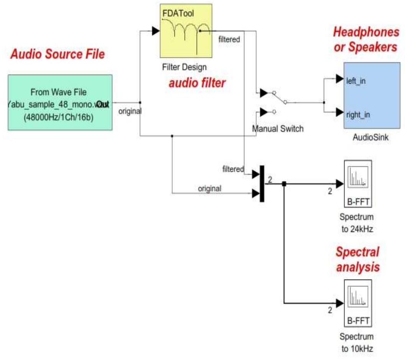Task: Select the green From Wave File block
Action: coord(60,102)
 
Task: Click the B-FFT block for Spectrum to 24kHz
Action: coord(357,184)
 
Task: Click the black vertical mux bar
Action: coord(262,183)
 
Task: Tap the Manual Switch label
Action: coord(277,129)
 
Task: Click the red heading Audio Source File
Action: coord(57,54)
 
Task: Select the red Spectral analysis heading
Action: coord(357,259)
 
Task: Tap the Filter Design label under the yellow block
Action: coord(184,67)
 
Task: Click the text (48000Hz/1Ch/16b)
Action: coord(60,117)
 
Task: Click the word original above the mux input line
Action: coord(209,188)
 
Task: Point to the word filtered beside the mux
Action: coord(233,169)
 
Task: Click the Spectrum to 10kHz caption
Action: coord(357,343)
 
